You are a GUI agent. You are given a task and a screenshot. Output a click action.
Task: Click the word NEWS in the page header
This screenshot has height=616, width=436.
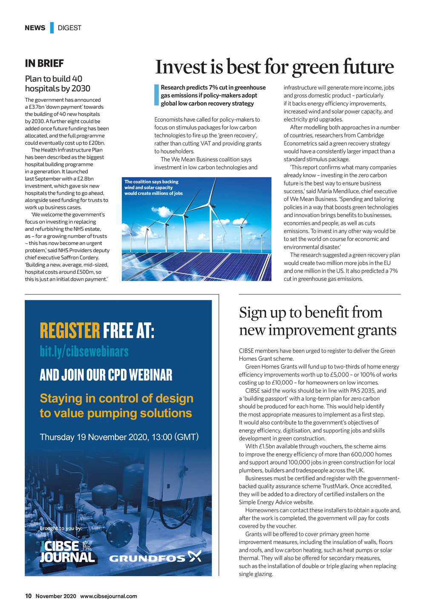point(35,28)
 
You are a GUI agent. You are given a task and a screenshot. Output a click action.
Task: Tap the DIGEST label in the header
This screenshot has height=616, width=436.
point(69,28)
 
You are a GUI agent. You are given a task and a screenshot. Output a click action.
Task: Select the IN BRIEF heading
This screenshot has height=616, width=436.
point(44,63)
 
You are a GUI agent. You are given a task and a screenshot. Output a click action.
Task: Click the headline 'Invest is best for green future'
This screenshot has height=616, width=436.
point(274,67)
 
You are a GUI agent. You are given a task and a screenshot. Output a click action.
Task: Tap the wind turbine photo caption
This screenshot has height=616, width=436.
point(153,188)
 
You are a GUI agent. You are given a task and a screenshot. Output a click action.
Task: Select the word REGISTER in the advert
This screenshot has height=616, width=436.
point(70,331)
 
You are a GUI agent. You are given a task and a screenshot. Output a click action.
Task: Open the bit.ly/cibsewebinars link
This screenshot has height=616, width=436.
point(84,351)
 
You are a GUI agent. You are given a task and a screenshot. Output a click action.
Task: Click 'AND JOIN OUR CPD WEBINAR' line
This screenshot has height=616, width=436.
point(106,375)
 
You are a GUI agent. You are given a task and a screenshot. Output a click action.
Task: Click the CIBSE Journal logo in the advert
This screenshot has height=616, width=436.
point(67,552)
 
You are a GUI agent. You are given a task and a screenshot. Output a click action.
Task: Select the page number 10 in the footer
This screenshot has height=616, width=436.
point(28,596)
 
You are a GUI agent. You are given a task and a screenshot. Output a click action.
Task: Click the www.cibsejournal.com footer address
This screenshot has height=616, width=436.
point(109,596)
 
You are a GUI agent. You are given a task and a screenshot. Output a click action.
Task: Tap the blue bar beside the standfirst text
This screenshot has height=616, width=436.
point(156,95)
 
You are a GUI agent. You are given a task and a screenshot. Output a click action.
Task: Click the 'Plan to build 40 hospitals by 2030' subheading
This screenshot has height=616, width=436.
point(57,84)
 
